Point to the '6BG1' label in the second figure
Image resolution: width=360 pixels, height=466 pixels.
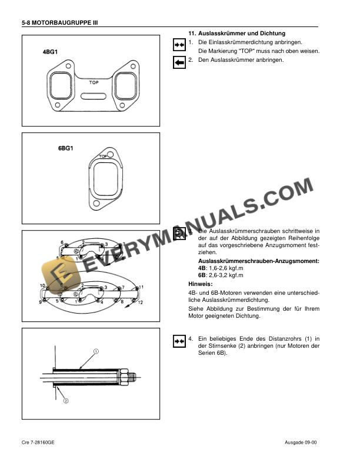(65, 148)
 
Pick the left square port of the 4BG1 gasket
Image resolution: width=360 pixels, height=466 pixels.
(59, 86)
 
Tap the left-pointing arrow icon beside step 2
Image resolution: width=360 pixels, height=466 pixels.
(179, 61)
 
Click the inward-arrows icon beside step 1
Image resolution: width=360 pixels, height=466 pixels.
(179, 44)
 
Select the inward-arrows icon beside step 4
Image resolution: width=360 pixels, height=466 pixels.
(179, 340)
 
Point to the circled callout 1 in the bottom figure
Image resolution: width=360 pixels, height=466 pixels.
(95, 351)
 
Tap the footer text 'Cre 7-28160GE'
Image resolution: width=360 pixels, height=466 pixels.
(40, 441)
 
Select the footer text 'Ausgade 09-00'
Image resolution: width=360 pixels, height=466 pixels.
(299, 441)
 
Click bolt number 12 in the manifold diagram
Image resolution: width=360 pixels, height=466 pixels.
(141, 301)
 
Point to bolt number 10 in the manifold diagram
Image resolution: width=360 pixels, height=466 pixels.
(42, 285)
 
